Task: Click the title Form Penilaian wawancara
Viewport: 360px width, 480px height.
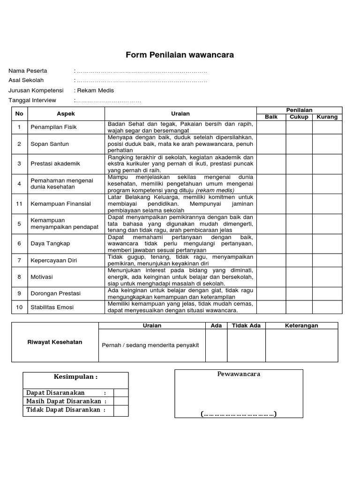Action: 180,55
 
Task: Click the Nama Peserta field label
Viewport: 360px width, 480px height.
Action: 28,71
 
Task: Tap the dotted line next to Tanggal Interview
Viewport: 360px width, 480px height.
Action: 108,100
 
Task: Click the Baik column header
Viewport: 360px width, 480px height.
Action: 271,117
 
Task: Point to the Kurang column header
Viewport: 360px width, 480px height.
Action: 327,117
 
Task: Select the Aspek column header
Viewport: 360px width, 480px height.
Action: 66,113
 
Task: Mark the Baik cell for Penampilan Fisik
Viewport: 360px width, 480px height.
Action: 271,127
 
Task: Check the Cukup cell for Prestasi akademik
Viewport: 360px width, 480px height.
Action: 299,164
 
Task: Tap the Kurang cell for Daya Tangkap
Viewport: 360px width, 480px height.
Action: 327,243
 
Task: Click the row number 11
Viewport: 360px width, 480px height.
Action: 19,203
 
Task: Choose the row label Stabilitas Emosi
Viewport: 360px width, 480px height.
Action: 52,307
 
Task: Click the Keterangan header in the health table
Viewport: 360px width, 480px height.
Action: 301,325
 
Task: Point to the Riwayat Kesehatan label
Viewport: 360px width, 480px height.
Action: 55,342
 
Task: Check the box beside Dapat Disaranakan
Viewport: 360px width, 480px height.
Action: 120,393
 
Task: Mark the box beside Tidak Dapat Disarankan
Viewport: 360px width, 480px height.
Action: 120,410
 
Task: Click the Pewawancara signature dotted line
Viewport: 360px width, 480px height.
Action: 239,414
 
